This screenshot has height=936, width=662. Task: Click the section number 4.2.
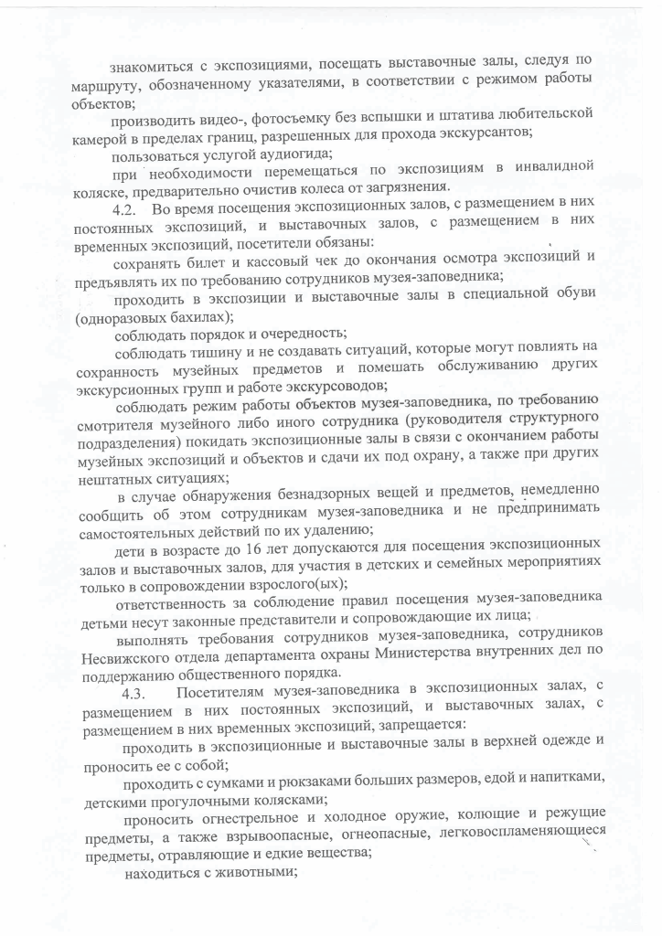[x=137, y=210]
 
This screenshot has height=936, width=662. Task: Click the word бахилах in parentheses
[x=190, y=317]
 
